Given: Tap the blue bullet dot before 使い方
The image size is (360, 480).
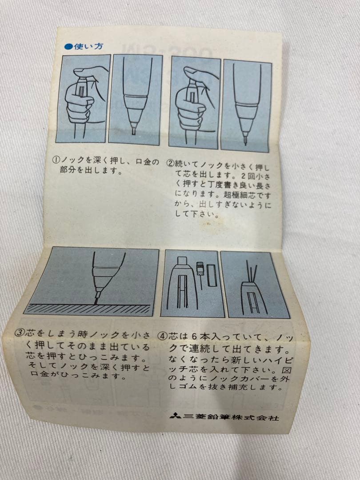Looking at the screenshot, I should click(68, 47).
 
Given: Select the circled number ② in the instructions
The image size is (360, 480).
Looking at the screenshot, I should click(170, 162).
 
